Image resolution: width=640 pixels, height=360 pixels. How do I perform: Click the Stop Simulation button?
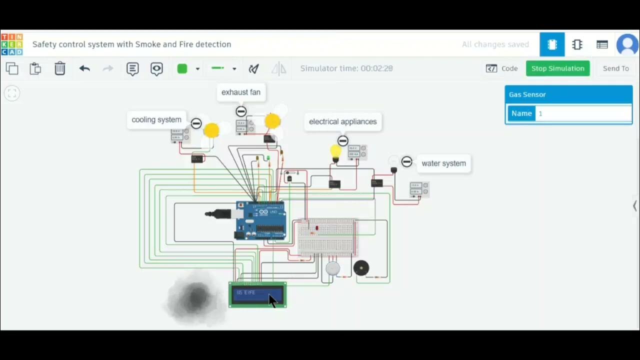pyautogui.click(x=557, y=68)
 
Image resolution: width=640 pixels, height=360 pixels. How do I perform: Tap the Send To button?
pyautogui.click(x=615, y=68)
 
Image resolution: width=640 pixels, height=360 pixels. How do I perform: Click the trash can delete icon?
pyautogui.click(x=60, y=68)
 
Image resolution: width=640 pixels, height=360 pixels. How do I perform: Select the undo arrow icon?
pyautogui.click(x=84, y=68)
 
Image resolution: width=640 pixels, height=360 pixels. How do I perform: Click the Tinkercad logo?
pyautogui.click(x=12, y=44)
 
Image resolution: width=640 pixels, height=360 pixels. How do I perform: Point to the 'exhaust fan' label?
pyautogui.click(x=241, y=92)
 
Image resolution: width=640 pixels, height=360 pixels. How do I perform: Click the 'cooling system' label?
pyautogui.click(x=156, y=120)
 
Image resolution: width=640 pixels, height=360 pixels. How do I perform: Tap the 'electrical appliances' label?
pyautogui.click(x=342, y=121)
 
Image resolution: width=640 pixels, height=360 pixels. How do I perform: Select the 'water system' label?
pyautogui.click(x=443, y=163)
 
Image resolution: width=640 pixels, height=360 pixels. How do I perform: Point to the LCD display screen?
pyautogui.click(x=257, y=294)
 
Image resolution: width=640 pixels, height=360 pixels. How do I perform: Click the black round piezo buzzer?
pyautogui.click(x=361, y=268)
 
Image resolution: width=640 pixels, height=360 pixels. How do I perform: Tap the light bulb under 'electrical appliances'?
pyautogui.click(x=335, y=151)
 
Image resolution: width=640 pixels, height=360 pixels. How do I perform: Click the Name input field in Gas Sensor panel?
pyautogui.click(x=583, y=113)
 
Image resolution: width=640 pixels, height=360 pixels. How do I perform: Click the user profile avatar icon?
pyautogui.click(x=627, y=44)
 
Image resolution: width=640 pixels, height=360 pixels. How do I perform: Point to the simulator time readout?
pyautogui.click(x=346, y=68)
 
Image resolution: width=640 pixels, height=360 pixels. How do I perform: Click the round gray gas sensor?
pyautogui.click(x=332, y=268)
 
